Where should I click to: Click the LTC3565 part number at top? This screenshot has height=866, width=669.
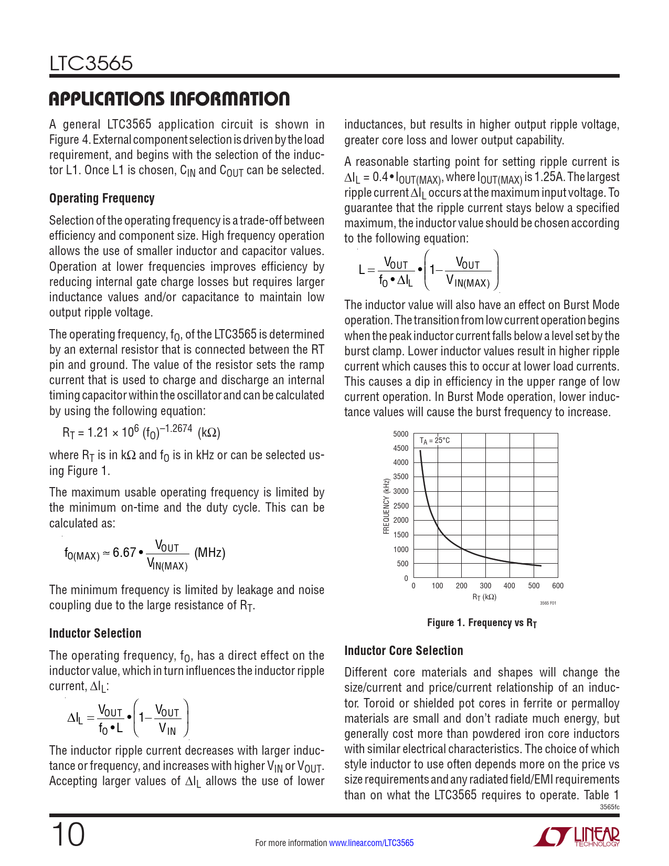(91, 64)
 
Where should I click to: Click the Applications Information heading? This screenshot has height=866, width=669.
(169, 99)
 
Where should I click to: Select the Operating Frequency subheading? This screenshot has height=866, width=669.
(102, 198)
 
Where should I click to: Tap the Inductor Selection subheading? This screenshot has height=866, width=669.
(95, 633)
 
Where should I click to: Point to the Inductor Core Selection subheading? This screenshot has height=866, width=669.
(403, 651)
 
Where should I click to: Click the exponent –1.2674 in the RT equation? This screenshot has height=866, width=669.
(176, 428)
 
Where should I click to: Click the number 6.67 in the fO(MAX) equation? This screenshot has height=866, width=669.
(124, 553)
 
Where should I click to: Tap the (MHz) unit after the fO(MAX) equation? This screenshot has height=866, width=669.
(210, 553)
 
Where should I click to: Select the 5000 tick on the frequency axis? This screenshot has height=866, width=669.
(400, 434)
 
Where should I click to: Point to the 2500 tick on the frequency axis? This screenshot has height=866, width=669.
(400, 506)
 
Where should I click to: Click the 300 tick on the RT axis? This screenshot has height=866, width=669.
(485, 586)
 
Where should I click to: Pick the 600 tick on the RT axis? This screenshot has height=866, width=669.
(558, 586)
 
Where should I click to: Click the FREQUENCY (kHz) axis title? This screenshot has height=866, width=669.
(387, 506)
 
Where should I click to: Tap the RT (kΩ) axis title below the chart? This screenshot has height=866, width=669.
(484, 597)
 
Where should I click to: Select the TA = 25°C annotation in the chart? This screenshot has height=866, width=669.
(434, 441)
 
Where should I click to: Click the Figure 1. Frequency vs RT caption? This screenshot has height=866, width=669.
(482, 623)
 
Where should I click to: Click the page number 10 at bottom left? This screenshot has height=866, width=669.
(68, 835)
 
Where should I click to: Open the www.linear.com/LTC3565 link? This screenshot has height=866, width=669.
(371, 843)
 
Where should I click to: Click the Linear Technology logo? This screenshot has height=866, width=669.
(577, 837)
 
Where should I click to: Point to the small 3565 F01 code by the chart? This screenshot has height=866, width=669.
(548, 603)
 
